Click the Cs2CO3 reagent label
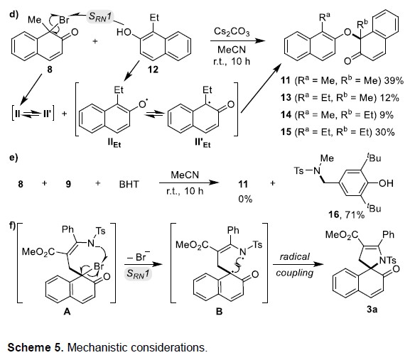coord(232,32)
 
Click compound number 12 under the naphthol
coord(153,70)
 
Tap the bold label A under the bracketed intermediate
coord(67,312)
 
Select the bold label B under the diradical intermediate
coord(219,312)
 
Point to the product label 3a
coord(372,310)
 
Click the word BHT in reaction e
coord(129,184)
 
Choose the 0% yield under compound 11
coord(245,200)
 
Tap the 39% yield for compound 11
coord(394,81)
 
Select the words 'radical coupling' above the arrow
coord(295,265)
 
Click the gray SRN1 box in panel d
coord(100,17)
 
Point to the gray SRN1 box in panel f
coord(138,273)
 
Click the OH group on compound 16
coord(386,183)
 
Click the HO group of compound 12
coord(124,32)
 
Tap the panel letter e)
coord(14,158)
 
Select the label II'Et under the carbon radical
coord(203,143)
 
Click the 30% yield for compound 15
coord(384,132)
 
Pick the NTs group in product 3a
coord(388,260)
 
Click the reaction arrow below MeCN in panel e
coord(189,182)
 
